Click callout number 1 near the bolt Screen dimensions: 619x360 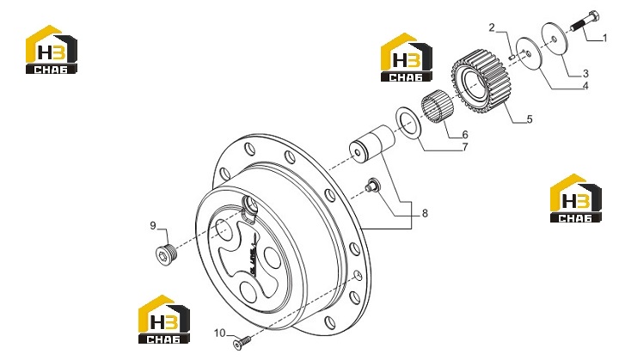point(604,39)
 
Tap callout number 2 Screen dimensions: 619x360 point(492,27)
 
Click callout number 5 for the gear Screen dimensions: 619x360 point(530,119)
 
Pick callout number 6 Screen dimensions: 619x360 point(465,135)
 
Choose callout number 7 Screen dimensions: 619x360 point(465,147)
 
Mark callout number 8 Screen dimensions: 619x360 point(425,213)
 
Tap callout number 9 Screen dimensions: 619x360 point(153,226)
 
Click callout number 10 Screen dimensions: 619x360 point(219,333)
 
